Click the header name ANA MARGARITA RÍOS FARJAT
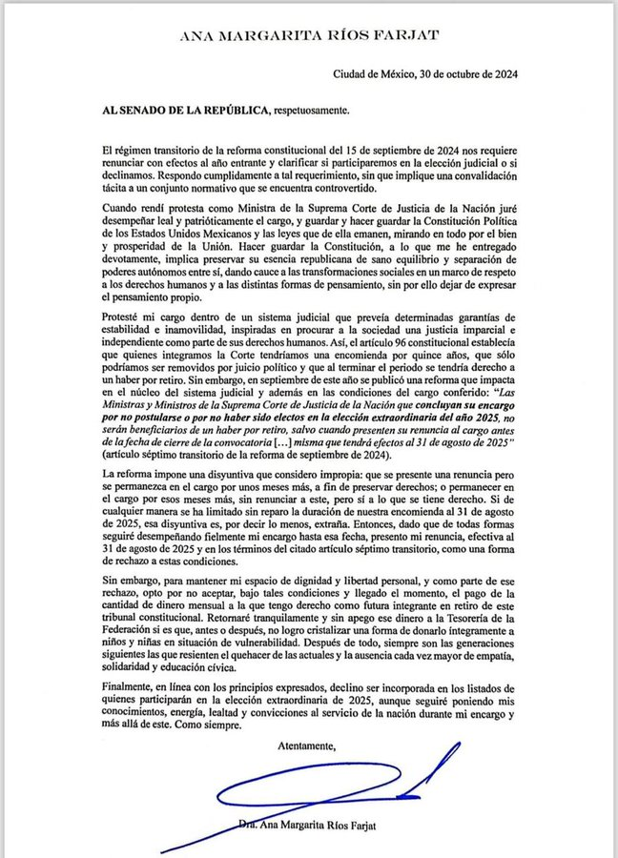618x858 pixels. click(308, 36)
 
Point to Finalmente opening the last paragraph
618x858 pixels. click(128, 687)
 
